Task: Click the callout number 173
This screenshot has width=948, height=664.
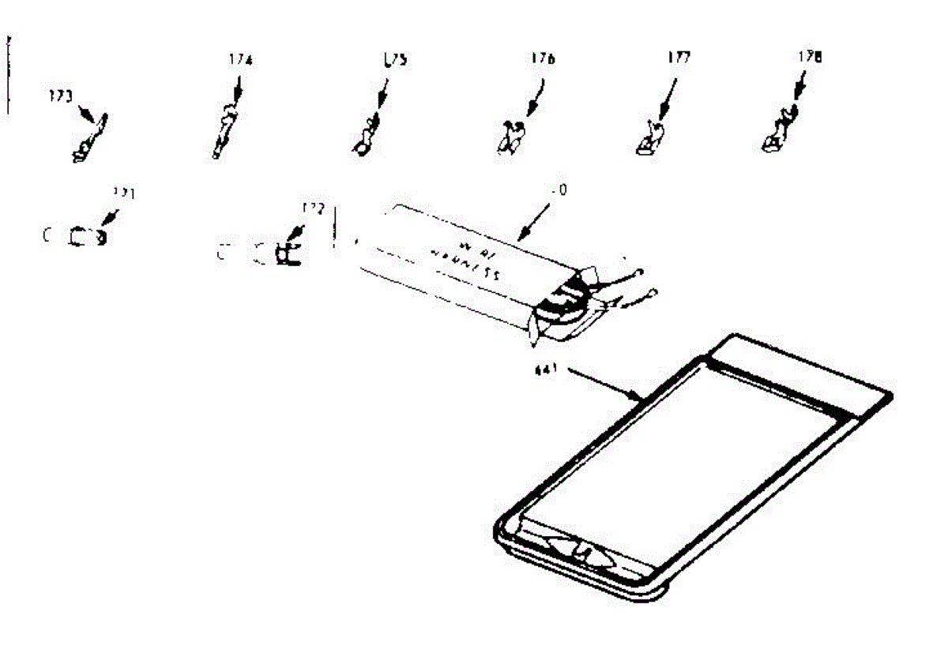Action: pyautogui.click(x=59, y=97)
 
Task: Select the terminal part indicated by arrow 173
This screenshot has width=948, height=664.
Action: pyautogui.click(x=88, y=142)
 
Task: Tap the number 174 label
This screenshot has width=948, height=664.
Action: pyautogui.click(x=240, y=60)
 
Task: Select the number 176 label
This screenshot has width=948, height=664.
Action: pyautogui.click(x=544, y=58)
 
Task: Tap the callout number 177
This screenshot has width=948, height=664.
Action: pyautogui.click(x=678, y=58)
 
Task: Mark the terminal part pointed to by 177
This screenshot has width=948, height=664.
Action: pyautogui.click(x=649, y=137)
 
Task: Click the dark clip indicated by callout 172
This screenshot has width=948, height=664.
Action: pyautogui.click(x=287, y=253)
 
